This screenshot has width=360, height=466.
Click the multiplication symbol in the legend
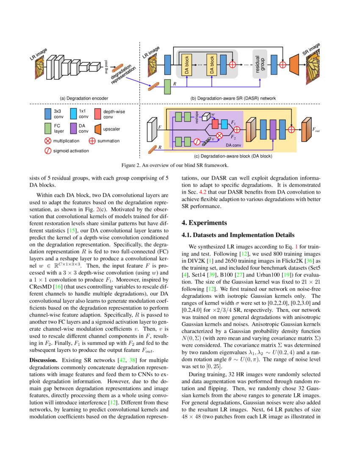(x=47, y=141)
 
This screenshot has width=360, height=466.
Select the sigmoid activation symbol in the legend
(x=47, y=150)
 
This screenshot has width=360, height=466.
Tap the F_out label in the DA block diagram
(x=316, y=131)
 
